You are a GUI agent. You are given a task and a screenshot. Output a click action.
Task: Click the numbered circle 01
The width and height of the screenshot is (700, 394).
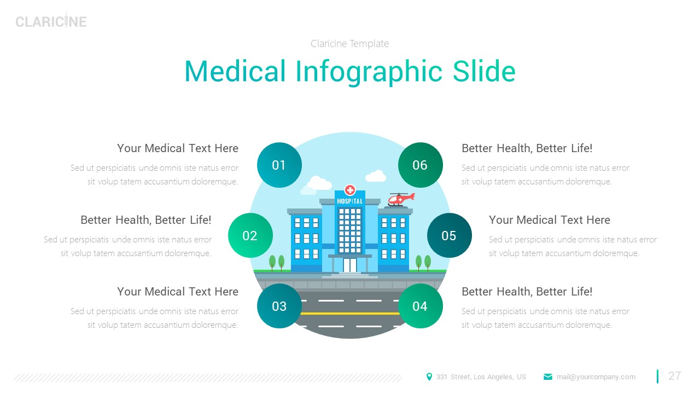(x=279, y=165)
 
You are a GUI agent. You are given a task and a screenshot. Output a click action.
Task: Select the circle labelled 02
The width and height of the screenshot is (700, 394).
(x=250, y=235)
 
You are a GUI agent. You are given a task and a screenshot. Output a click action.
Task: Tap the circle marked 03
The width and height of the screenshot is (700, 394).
(x=279, y=306)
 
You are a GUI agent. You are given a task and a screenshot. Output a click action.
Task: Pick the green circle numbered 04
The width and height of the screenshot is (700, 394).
(x=420, y=306)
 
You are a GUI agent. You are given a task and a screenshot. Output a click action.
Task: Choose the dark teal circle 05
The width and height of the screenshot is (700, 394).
(x=449, y=235)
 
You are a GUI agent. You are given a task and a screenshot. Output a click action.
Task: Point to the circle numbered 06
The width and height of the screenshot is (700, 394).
(x=420, y=165)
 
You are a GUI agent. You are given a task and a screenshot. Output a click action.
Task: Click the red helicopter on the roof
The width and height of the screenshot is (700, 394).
(x=400, y=199)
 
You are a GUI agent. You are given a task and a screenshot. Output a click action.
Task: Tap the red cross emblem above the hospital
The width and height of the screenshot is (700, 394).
(x=350, y=190)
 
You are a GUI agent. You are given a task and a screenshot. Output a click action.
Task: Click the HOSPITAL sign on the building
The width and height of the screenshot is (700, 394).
(x=350, y=201)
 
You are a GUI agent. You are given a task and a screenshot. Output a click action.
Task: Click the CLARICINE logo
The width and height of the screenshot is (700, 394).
(x=51, y=21)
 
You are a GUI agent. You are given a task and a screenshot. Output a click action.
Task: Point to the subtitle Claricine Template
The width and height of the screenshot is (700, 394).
(x=350, y=44)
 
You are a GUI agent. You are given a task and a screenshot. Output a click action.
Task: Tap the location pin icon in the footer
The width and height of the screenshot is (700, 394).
(x=429, y=376)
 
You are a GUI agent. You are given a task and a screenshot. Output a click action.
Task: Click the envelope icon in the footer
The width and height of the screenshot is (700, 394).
(x=548, y=376)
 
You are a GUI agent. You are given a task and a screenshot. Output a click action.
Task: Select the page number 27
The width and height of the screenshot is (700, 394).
(x=675, y=376)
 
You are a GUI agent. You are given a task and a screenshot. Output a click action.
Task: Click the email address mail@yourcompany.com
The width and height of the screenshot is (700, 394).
(x=596, y=376)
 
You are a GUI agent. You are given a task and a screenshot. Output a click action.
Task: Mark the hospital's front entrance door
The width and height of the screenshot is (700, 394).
(x=350, y=265)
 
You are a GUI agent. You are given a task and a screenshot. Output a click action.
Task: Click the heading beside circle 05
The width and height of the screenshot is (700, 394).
(x=549, y=220)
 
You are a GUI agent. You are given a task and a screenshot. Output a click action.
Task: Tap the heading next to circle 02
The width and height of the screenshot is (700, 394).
(x=145, y=220)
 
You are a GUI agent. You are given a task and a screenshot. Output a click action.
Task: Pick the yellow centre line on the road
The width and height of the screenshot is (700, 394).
(x=350, y=314)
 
